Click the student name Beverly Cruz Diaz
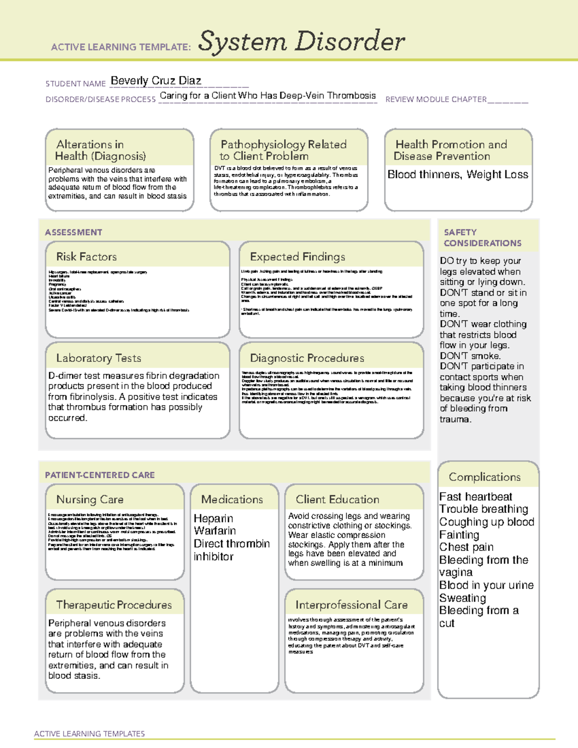[156, 80]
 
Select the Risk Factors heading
[86, 257]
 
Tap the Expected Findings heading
[297, 257]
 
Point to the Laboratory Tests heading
[98, 358]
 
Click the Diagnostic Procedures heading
[307, 358]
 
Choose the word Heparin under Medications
[213, 518]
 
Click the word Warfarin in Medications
[215, 531]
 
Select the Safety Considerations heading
[482, 237]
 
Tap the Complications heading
[485, 477]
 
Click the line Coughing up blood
[486, 522]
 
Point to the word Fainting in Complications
[459, 535]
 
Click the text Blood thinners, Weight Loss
[458, 174]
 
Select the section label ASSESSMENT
[74, 232]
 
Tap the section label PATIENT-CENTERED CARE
[100, 475]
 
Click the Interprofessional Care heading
[351, 604]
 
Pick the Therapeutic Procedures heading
[114, 604]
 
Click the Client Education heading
[337, 499]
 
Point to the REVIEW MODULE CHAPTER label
[436, 99]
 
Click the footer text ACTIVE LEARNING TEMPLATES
[90, 734]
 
